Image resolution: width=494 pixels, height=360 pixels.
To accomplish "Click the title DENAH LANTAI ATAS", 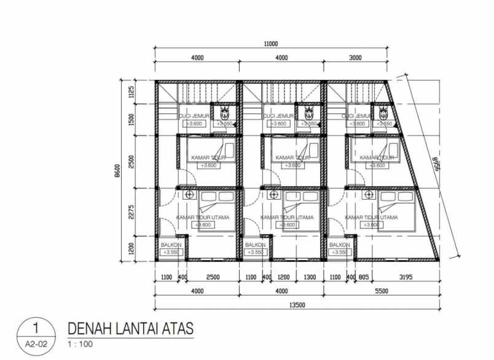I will click(130, 329).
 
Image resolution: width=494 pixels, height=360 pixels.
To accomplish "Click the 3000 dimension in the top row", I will click(355, 58).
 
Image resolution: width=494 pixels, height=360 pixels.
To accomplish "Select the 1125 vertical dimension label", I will click(131, 93).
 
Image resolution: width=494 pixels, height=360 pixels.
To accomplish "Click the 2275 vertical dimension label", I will click(131, 211).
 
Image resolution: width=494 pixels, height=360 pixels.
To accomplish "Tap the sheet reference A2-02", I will click(36, 344).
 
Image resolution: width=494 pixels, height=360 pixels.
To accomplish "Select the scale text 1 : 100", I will click(80, 343).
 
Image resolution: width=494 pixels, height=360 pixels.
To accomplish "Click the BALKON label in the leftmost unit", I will click(170, 244).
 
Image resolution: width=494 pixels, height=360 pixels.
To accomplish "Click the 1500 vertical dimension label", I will click(131, 119).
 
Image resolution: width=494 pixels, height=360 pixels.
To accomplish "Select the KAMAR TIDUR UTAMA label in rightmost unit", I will click(371, 217).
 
